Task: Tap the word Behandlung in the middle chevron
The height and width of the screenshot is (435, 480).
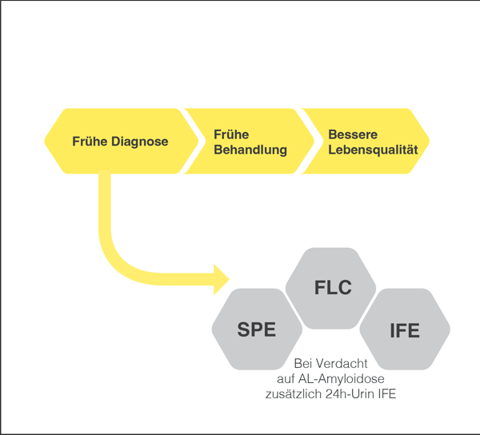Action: (250, 150)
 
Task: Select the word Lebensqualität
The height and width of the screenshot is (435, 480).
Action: (373, 150)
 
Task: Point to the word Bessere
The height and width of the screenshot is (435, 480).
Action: (353, 134)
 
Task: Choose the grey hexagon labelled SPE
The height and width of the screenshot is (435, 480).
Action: (257, 328)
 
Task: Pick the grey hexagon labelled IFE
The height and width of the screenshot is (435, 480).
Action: (405, 328)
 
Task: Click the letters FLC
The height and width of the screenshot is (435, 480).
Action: (333, 288)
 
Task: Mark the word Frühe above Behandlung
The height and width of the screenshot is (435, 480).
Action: (230, 134)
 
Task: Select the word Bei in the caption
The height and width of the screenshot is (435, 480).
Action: (305, 363)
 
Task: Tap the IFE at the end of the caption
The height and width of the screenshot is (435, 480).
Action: (389, 393)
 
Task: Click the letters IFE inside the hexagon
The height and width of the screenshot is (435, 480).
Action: (405, 329)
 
